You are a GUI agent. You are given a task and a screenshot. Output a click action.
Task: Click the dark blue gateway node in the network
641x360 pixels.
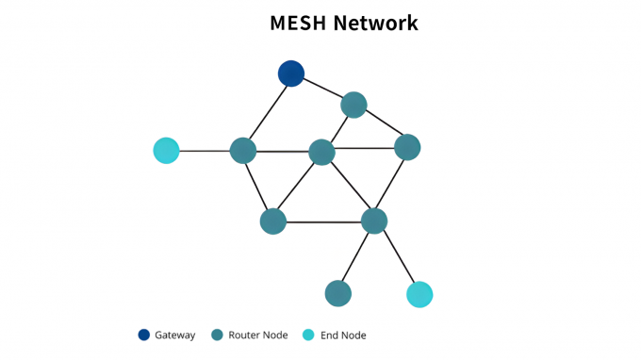pyautogui.click(x=291, y=74)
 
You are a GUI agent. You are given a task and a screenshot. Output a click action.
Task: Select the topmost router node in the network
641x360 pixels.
pyautogui.click(x=353, y=105)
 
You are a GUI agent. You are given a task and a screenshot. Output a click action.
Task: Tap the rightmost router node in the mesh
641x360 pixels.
pyautogui.click(x=407, y=147)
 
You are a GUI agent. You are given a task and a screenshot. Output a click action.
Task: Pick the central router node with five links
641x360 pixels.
pyautogui.click(x=321, y=152)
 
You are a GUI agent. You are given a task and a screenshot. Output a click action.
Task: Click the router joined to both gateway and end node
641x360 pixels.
pyautogui.click(x=243, y=151)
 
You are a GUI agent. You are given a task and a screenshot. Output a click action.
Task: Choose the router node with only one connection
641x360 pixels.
pyautogui.click(x=337, y=293)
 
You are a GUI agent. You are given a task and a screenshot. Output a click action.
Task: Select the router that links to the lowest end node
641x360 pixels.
pyautogui.click(x=374, y=221)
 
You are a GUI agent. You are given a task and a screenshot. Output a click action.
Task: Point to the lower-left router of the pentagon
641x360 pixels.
pyautogui.click(x=272, y=221)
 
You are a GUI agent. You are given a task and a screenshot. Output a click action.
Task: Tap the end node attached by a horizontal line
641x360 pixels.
pyautogui.click(x=166, y=150)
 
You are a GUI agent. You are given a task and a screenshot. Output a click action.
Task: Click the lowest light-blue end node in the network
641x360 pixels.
pyautogui.click(x=419, y=294)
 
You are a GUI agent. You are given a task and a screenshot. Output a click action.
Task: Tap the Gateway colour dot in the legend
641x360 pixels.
pyautogui.click(x=144, y=335)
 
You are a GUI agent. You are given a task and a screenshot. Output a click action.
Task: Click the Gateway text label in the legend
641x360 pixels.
pyautogui.click(x=175, y=335)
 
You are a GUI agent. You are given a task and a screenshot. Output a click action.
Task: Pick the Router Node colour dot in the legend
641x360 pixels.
pyautogui.click(x=217, y=335)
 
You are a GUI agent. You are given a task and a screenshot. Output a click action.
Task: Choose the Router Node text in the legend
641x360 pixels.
pyautogui.click(x=257, y=335)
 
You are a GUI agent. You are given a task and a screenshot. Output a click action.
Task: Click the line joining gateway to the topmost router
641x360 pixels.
pyautogui.click(x=322, y=89)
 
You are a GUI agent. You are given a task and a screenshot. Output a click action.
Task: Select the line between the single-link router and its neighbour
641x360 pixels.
pyautogui.click(x=356, y=256)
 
